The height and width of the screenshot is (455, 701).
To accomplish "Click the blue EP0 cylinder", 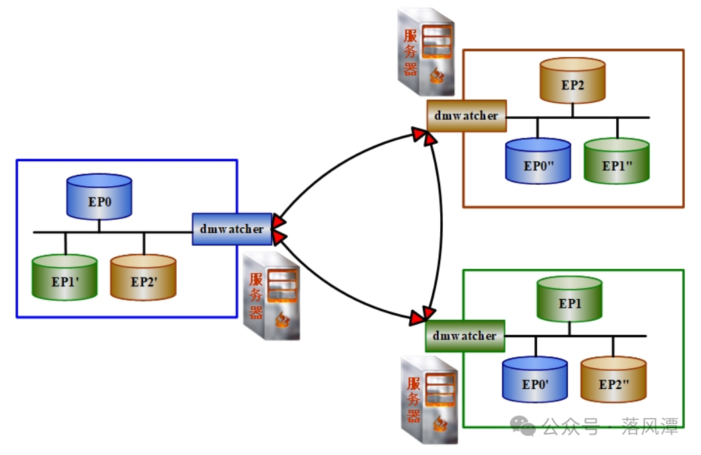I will coord(99,198).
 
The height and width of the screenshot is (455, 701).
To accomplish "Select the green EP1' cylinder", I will coord(65,277).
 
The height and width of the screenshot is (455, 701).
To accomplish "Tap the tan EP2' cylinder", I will coord(143,277).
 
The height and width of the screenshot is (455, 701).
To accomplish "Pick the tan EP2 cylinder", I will coord(573,81).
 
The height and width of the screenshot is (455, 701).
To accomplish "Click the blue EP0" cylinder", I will coord(538,161).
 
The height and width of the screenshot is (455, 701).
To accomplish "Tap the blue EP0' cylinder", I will coord(536,380).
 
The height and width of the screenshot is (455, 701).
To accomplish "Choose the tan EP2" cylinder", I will coord(614,380).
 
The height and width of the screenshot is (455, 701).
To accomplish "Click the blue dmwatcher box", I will coord(232,229).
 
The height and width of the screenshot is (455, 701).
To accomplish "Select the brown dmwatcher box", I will coord(466,116).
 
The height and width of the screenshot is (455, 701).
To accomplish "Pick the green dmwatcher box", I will coord(465,335).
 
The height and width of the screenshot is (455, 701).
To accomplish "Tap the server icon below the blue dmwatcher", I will coord(272,296).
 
